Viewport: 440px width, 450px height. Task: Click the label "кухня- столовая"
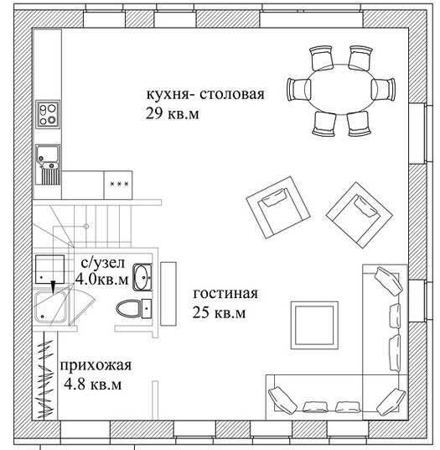[205, 94]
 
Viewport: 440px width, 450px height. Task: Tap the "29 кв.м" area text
[172, 113]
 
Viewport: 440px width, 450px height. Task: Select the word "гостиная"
[225, 294]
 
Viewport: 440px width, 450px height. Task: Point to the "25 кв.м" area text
[219, 313]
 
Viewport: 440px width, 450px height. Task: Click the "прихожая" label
[96, 366]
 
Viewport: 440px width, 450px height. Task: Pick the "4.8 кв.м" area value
[92, 385]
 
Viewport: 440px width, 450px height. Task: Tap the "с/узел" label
[103, 263]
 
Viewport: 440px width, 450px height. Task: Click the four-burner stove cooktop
[48, 114]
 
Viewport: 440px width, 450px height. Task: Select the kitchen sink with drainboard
[48, 165]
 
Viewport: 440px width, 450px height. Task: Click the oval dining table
[341, 90]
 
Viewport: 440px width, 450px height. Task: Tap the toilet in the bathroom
[134, 308]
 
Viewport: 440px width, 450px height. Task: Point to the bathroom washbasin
[142, 278]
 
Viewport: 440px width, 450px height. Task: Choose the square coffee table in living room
[314, 326]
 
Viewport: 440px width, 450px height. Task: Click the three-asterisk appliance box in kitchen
[118, 185]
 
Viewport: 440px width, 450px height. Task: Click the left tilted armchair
[278, 207]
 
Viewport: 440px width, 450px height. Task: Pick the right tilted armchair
[360, 215]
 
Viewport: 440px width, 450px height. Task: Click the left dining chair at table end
[297, 90]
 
